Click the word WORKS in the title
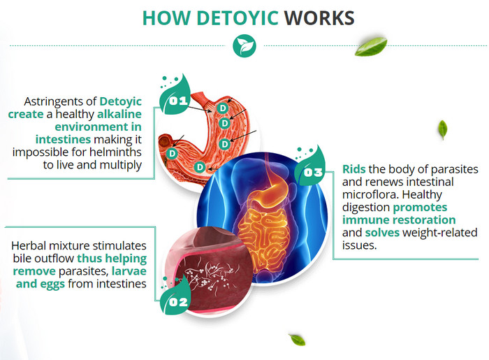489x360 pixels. pos(319,18)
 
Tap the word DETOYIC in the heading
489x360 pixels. pos(238,18)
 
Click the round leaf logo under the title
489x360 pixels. pos(245,45)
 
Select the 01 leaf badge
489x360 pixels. pos(175,95)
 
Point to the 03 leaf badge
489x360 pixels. pos(310,167)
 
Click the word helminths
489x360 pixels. pos(115,152)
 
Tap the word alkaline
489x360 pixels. pos(119,114)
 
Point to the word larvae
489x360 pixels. pos(129,271)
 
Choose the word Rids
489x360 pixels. pos(354,169)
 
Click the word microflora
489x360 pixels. pos(370,194)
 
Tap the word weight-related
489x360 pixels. pos(439,233)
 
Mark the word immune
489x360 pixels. pos(360,220)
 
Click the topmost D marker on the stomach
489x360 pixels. pos(223,108)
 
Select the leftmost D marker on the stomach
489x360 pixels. pos(172,153)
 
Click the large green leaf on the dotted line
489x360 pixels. pos(371,46)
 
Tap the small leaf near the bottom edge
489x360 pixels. pos(297,340)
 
